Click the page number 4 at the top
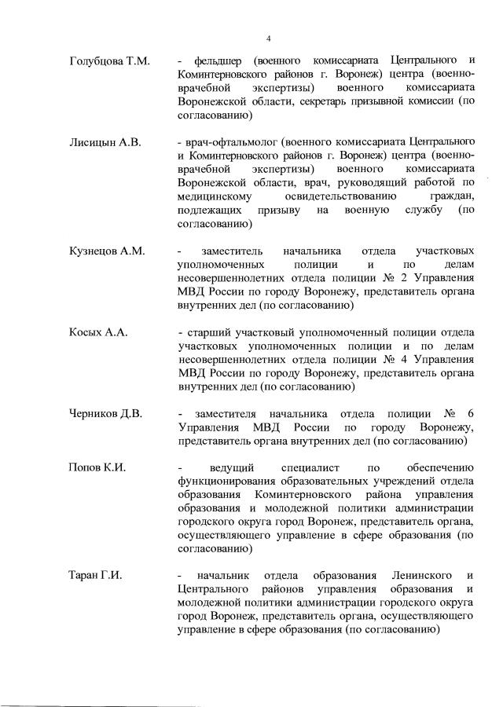point(268,38)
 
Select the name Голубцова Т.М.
point(110,60)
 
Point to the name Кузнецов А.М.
point(107,251)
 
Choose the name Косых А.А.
point(97,332)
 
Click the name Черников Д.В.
point(105,414)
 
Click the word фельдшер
point(221,60)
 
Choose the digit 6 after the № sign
point(470,414)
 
